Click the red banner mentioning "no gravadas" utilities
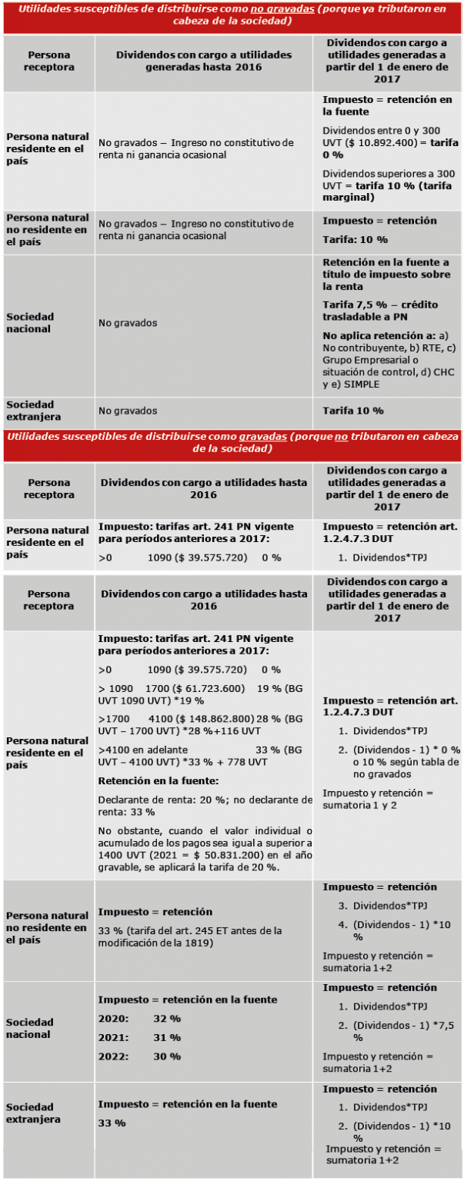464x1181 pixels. [x=232, y=15]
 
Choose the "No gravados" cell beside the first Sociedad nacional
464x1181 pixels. [x=128, y=323]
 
